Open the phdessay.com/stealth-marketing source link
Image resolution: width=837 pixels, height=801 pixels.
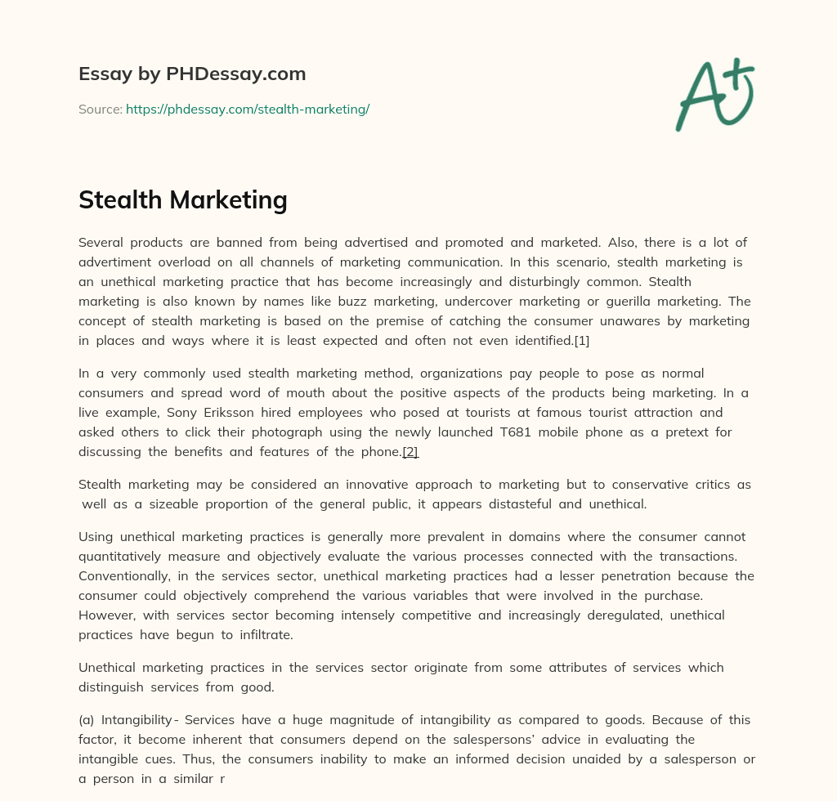(248, 109)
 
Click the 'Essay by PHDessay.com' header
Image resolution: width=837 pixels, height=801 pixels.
(192, 74)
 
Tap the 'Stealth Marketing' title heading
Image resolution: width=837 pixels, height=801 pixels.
(183, 199)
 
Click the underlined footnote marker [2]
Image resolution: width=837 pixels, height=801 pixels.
(410, 452)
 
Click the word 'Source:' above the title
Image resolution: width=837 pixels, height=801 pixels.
(100, 109)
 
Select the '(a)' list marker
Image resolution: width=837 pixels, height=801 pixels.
(87, 720)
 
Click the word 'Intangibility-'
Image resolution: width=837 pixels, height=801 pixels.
(140, 720)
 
